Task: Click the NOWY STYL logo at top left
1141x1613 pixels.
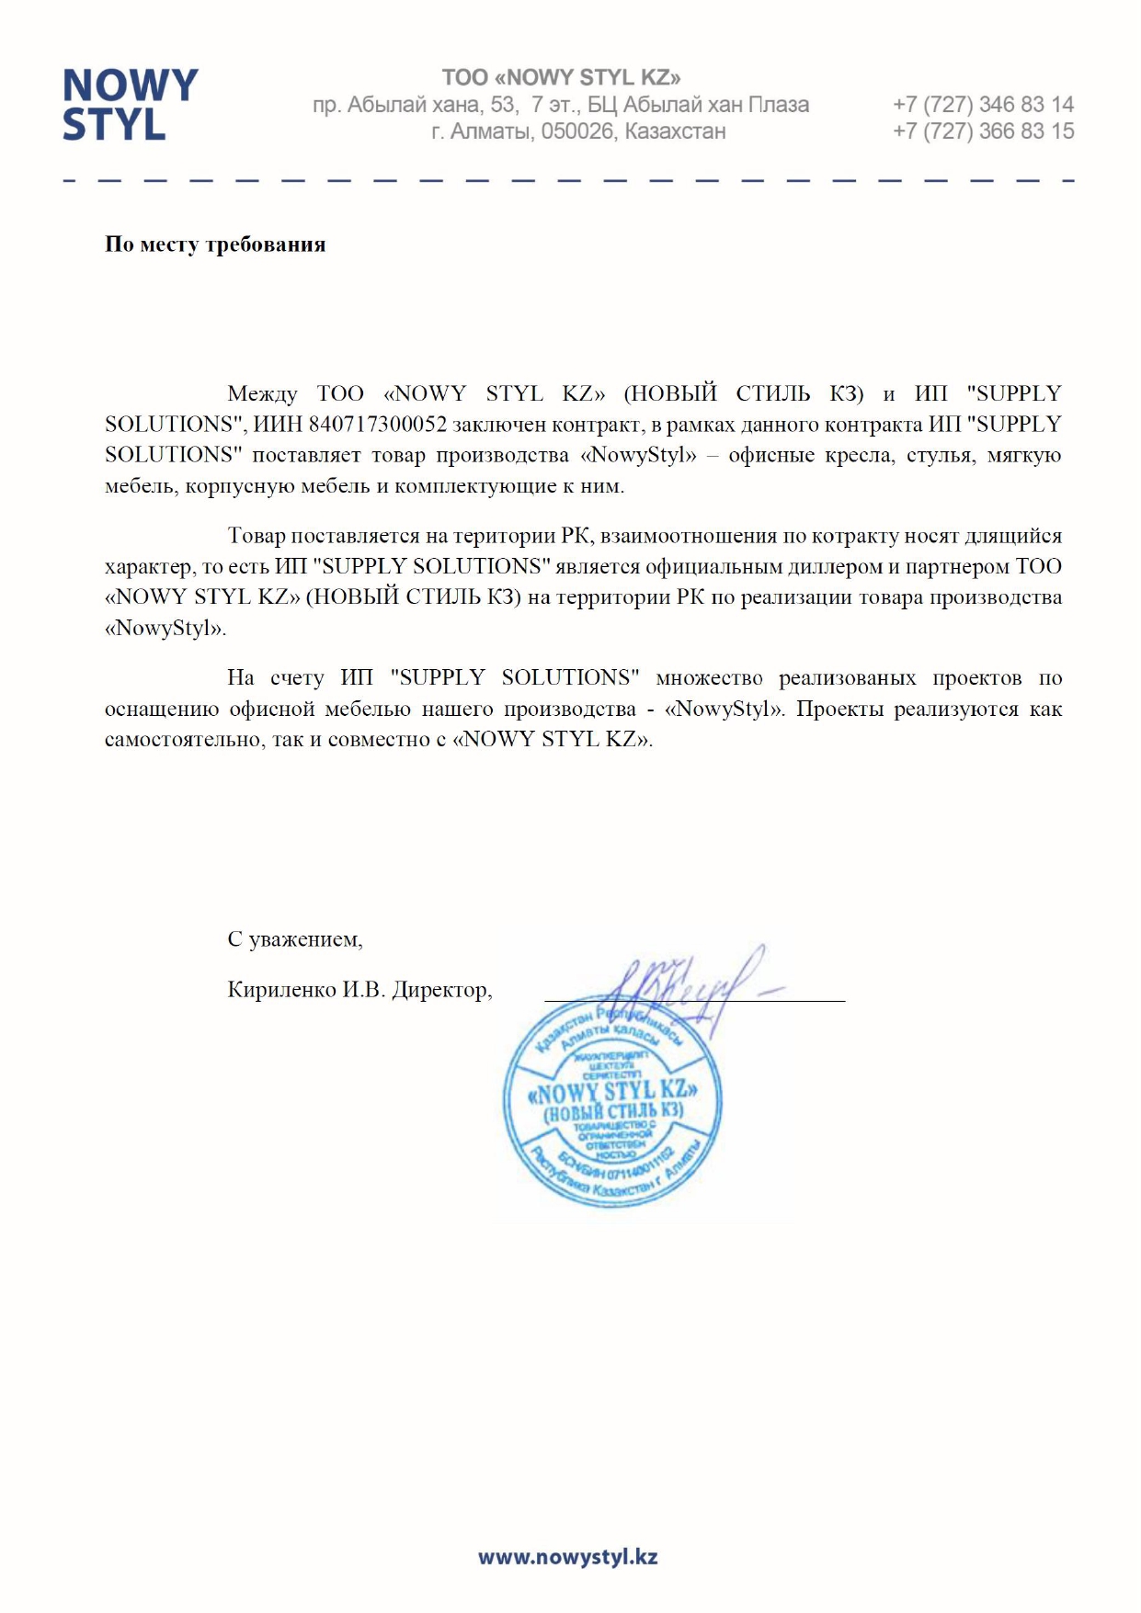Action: pyautogui.click(x=130, y=104)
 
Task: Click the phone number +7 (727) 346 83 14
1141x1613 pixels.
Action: pyautogui.click(x=982, y=104)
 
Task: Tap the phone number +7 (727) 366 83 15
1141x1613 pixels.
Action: pyautogui.click(x=982, y=131)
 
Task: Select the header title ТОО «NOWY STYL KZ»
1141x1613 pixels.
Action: pyautogui.click(x=561, y=77)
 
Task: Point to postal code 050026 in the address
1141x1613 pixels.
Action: pyautogui.click(x=576, y=131)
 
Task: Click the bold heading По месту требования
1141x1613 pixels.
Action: pyautogui.click(x=215, y=244)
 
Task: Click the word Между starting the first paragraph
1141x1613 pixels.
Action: pyautogui.click(x=262, y=393)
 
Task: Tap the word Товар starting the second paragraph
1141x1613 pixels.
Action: pyautogui.click(x=256, y=536)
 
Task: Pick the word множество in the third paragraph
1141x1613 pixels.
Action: pyautogui.click(x=709, y=678)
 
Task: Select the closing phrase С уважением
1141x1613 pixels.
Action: pyautogui.click(x=294, y=939)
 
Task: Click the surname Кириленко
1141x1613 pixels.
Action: pyautogui.click(x=282, y=990)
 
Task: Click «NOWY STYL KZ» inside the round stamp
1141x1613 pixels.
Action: pyautogui.click(x=612, y=1092)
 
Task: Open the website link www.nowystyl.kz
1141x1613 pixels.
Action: pyautogui.click(x=567, y=1556)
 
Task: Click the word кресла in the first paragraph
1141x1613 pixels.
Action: pyautogui.click(x=859, y=455)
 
